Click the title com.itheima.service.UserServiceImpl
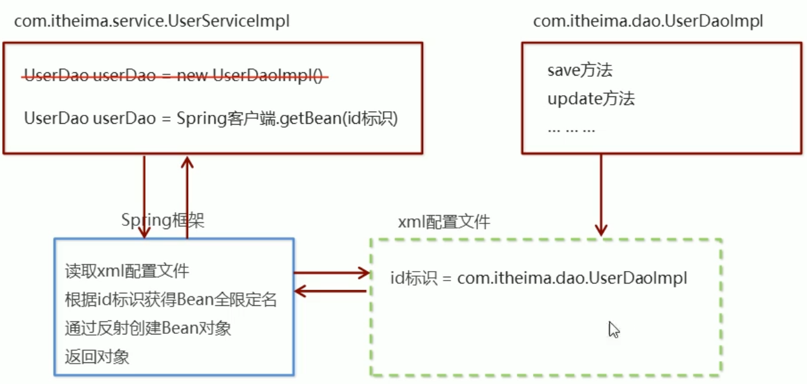click(152, 21)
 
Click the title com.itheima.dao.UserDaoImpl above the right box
click(648, 21)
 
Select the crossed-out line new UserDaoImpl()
click(177, 76)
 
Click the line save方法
click(580, 70)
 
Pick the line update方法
click(591, 99)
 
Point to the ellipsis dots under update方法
click(571, 129)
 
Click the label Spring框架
click(163, 221)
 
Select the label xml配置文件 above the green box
click(444, 223)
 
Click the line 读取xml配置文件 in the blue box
click(127, 271)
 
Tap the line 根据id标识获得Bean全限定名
click(171, 299)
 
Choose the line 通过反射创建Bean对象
click(147, 328)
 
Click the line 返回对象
click(97, 357)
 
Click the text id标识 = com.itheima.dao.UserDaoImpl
click(539, 278)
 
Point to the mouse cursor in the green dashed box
click(613, 329)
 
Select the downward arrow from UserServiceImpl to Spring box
click(145, 197)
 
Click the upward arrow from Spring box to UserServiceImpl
click(187, 197)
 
